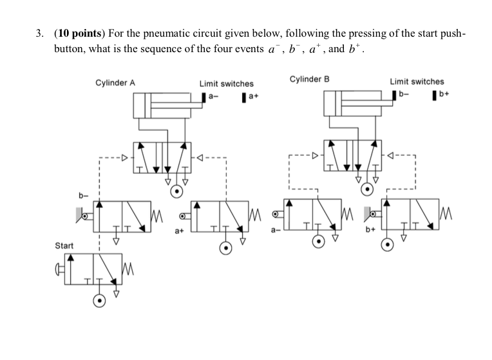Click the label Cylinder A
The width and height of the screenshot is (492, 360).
click(115, 82)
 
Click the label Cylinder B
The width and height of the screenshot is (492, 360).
click(309, 79)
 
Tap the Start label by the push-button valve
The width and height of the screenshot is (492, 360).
click(64, 246)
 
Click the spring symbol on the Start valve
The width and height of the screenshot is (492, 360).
click(129, 267)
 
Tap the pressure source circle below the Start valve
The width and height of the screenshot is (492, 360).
click(100, 301)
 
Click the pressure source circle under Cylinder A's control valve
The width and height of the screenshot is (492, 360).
click(177, 191)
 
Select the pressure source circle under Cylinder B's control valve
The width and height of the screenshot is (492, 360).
click(367, 189)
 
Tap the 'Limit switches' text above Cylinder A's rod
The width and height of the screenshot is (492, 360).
click(226, 84)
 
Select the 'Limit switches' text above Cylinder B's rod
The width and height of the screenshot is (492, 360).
click(417, 81)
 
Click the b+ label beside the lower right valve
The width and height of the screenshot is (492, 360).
click(370, 229)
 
